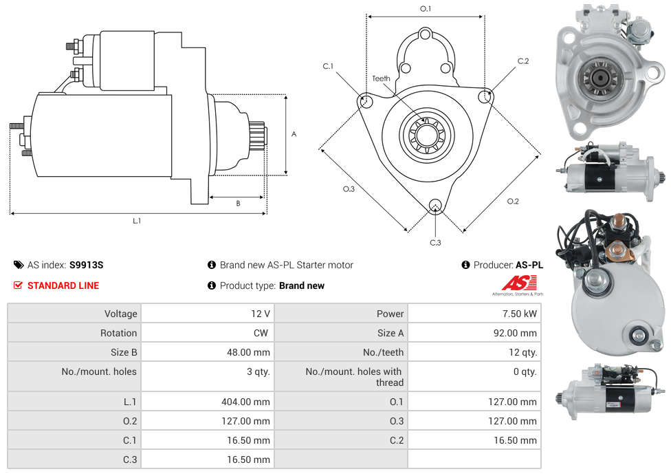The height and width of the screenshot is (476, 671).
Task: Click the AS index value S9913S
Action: pos(86,265)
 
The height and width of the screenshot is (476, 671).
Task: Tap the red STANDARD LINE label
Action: pos(63,285)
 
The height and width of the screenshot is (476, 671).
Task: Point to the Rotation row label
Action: pos(118,333)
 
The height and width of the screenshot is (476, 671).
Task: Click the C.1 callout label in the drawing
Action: pos(328,67)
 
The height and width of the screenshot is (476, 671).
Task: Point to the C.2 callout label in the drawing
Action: pos(523,61)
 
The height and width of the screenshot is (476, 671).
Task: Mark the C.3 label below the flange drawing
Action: pos(435,242)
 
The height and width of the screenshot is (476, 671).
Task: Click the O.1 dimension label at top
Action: pos(426,9)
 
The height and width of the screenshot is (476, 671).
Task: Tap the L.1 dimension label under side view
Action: pos(137,221)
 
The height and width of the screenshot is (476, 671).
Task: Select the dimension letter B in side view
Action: pos(238,204)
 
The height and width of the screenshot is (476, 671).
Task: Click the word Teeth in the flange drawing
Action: pos(381,78)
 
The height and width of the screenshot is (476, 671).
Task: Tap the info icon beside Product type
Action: pos(212,285)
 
